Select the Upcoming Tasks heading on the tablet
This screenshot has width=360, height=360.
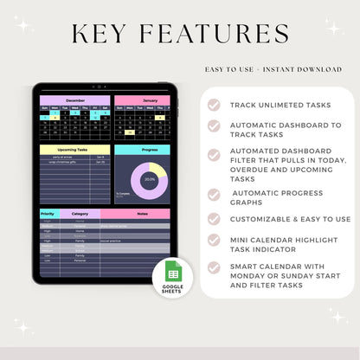tap(74, 150)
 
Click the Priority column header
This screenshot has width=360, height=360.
tap(48, 213)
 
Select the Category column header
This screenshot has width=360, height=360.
tap(80, 213)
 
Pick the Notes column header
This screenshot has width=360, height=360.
tap(143, 213)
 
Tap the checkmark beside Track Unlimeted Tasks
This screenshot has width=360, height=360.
tap(214, 105)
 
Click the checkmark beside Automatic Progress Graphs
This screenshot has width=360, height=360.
tap(214, 192)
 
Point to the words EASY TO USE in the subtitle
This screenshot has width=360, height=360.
tap(228, 68)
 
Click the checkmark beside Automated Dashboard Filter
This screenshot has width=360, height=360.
tap(214, 154)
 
